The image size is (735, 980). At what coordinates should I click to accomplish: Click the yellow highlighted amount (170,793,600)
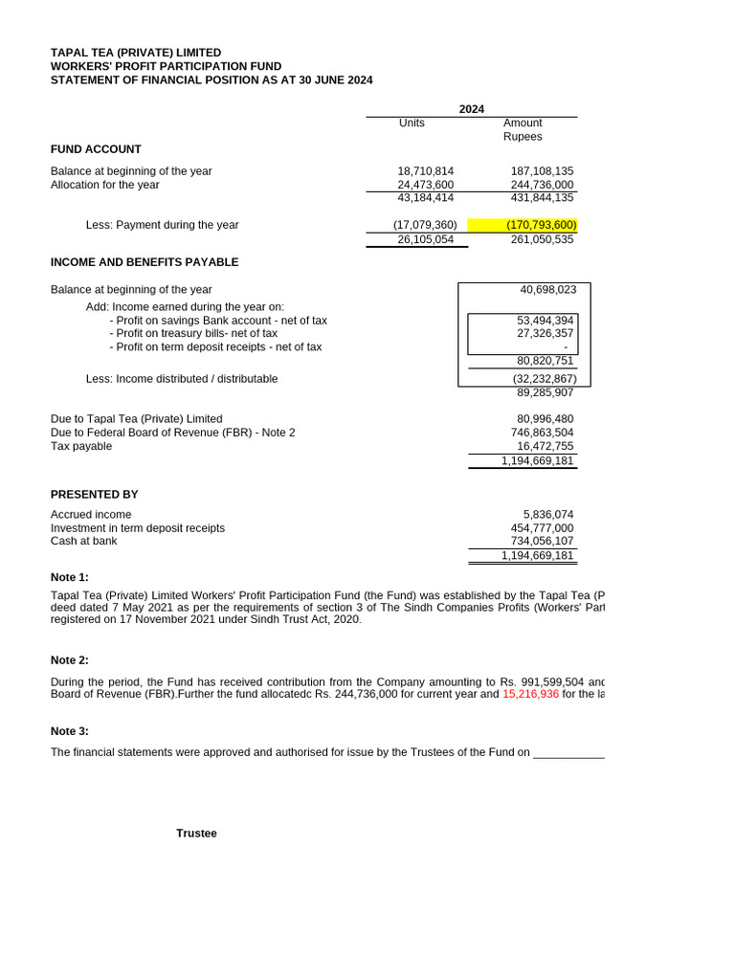541,225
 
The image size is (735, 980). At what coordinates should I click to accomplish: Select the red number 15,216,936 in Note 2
530,694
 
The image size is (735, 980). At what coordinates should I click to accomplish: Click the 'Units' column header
412,123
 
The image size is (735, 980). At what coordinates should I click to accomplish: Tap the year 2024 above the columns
471,109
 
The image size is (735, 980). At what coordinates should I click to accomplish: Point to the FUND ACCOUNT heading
96,149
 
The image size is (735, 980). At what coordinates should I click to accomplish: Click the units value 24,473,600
425,185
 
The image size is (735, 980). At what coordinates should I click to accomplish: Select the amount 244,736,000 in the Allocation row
542,185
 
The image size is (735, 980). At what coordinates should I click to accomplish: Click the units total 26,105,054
425,239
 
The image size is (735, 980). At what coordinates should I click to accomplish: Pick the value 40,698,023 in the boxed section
547,289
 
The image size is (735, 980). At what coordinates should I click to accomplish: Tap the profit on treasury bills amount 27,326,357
546,333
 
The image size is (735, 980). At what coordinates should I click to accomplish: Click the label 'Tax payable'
81,446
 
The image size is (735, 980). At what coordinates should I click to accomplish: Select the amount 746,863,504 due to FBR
542,433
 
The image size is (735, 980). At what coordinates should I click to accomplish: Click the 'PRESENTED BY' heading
94,495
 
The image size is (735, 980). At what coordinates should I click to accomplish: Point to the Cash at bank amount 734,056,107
542,541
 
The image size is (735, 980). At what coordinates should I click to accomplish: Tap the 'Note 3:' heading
70,731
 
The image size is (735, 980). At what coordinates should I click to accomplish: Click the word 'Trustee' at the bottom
196,834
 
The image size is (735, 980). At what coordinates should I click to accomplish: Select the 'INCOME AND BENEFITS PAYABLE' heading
145,262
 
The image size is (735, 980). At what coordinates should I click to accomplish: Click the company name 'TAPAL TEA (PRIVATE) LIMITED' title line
136,53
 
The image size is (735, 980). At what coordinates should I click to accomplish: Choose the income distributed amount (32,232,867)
544,379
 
